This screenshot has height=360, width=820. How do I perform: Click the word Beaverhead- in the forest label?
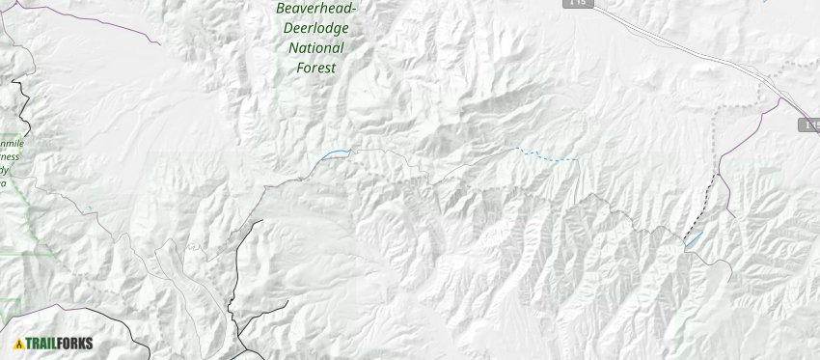pos(315,8)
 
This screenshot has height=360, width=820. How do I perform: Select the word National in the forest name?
pos(314,47)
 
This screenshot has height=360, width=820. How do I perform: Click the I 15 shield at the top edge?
pos(576,4)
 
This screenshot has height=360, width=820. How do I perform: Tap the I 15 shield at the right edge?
pos(809,125)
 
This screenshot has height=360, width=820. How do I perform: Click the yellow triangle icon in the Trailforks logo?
pos(18,343)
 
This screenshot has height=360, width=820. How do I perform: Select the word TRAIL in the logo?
pos(42,343)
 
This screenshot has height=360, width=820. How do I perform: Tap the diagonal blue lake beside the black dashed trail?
pos(693,238)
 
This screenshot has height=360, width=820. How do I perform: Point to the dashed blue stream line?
pos(550,156)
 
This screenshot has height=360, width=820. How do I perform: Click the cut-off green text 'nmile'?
pos(13,144)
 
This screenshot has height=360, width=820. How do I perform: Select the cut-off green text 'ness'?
pos(10,155)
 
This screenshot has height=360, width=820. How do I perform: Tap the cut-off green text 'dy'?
pos(6,168)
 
